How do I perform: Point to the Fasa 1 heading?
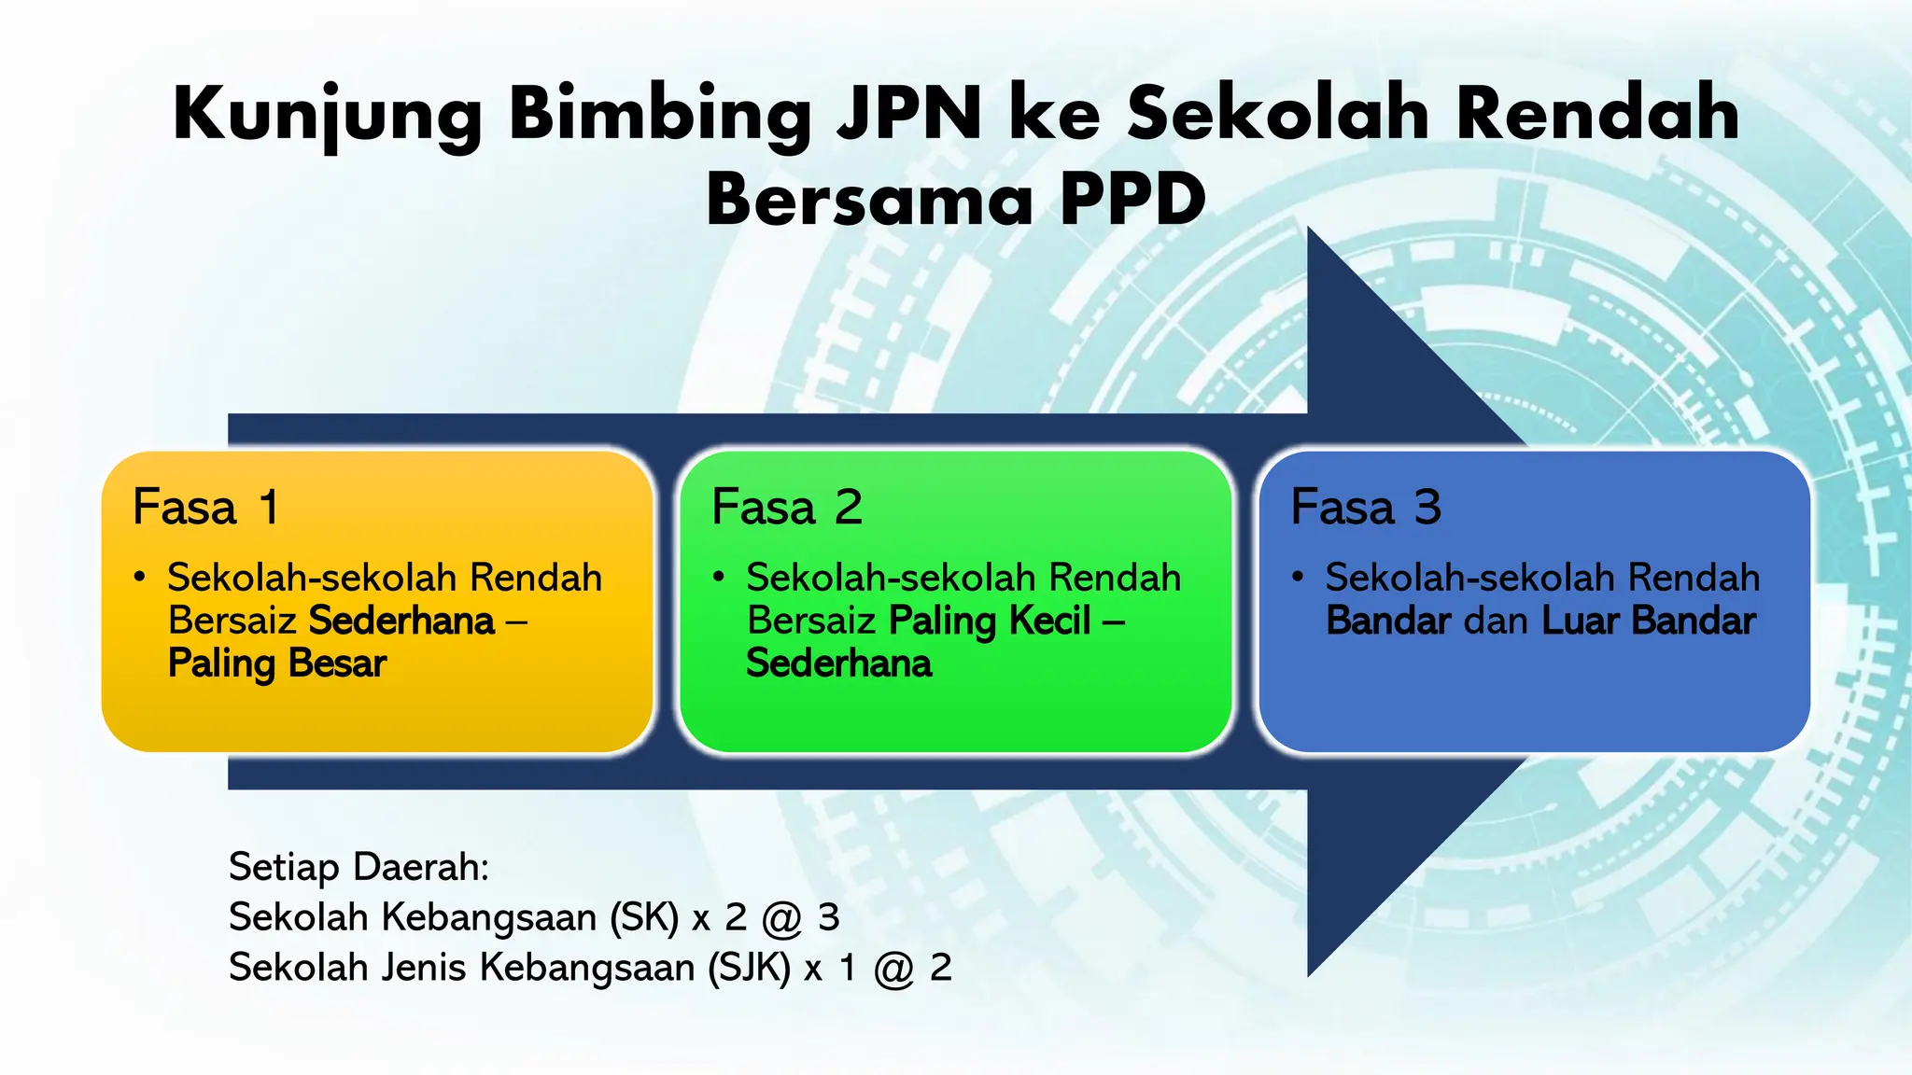coord(205,508)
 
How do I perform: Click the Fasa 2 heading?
coord(786,508)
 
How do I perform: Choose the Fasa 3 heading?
coord(1365,508)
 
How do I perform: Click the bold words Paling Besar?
coord(276,663)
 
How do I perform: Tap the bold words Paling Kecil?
coord(989,621)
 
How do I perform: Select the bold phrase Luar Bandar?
coord(1648,621)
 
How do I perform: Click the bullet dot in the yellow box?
coord(139,578)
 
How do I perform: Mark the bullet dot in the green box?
coord(718,578)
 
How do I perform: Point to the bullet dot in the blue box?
coord(1297,578)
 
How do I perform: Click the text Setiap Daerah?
coord(358,868)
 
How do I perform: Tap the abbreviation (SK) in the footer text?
coord(643,918)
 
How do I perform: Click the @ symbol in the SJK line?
coord(893,970)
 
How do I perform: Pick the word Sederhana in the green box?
coord(838,663)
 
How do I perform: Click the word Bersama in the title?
coord(869,201)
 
